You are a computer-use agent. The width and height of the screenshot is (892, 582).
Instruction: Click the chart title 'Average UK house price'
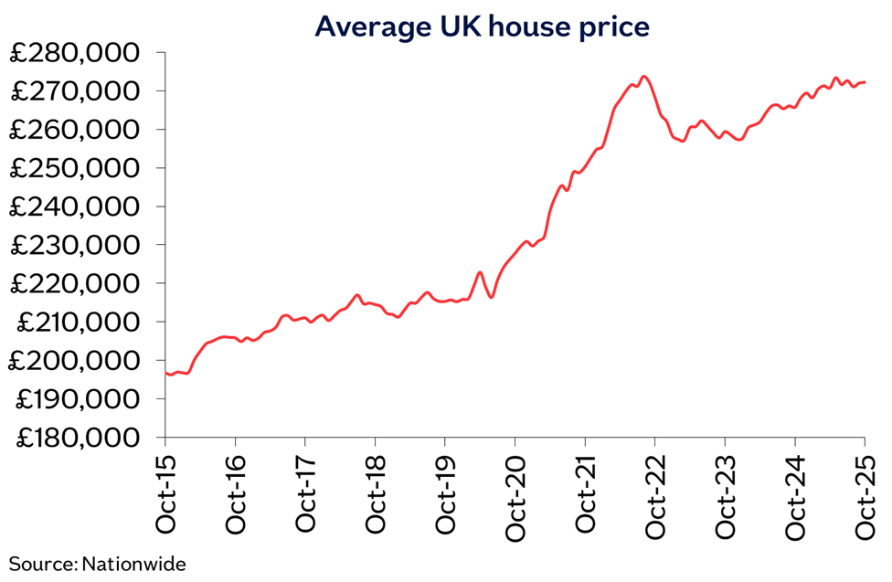tap(482, 26)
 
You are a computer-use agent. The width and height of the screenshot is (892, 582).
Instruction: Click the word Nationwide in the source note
tap(133, 564)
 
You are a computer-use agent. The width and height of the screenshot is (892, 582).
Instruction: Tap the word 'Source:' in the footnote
tap(43, 564)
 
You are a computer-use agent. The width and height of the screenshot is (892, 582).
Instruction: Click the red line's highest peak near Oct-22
tap(644, 77)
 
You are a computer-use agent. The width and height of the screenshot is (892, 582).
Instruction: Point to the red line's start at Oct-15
tap(166, 373)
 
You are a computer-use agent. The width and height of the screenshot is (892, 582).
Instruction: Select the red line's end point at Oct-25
tap(865, 82)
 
